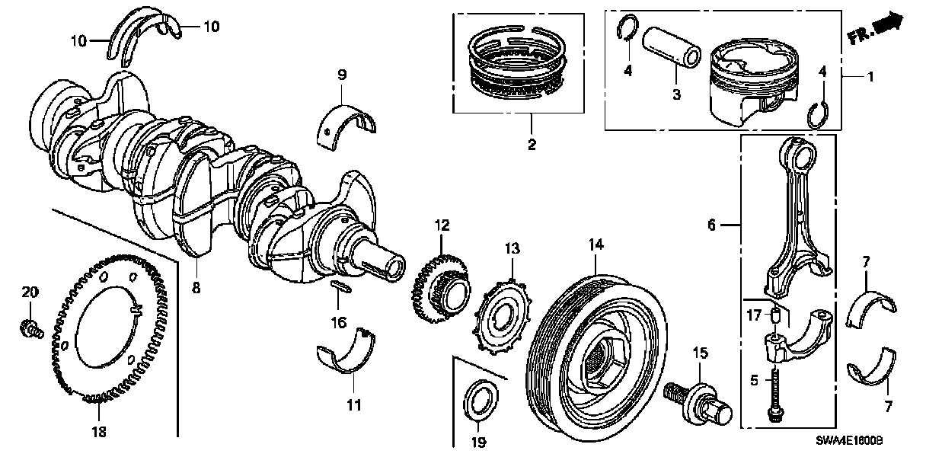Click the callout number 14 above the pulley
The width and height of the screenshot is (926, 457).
point(596,244)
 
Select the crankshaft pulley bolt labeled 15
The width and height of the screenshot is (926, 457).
point(693,397)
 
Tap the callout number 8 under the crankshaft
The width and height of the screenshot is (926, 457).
point(196,288)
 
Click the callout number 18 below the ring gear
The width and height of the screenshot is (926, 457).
point(99,431)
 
